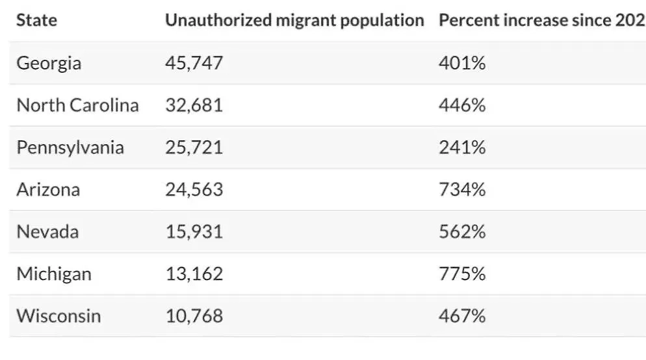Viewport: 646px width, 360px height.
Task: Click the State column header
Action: tap(36, 20)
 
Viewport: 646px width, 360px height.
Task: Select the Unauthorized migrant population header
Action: tap(294, 20)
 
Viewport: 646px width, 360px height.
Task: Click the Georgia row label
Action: tap(49, 63)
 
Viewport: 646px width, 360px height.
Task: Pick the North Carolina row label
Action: tap(77, 105)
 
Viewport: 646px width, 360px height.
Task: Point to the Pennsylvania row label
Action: tap(70, 148)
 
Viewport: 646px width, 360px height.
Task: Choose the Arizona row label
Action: tap(48, 190)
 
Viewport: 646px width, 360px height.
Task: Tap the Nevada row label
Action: tap(47, 231)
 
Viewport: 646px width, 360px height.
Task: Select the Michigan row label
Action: tap(53, 274)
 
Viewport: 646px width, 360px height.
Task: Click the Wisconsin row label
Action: tap(58, 316)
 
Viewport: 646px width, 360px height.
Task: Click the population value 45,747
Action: tap(194, 63)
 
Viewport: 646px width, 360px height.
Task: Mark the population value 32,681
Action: tap(194, 105)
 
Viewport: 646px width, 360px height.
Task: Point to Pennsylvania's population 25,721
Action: tap(194, 148)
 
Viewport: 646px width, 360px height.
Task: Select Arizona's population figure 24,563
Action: tap(194, 190)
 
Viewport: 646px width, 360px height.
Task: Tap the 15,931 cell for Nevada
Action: tap(194, 231)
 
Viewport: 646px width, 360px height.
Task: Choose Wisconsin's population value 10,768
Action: tap(194, 316)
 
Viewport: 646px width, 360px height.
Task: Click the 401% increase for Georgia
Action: tap(462, 63)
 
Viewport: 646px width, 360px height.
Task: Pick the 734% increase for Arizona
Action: tap(462, 190)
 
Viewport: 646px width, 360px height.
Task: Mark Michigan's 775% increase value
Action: tap(462, 274)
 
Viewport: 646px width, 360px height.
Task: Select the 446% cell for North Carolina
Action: tap(462, 105)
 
